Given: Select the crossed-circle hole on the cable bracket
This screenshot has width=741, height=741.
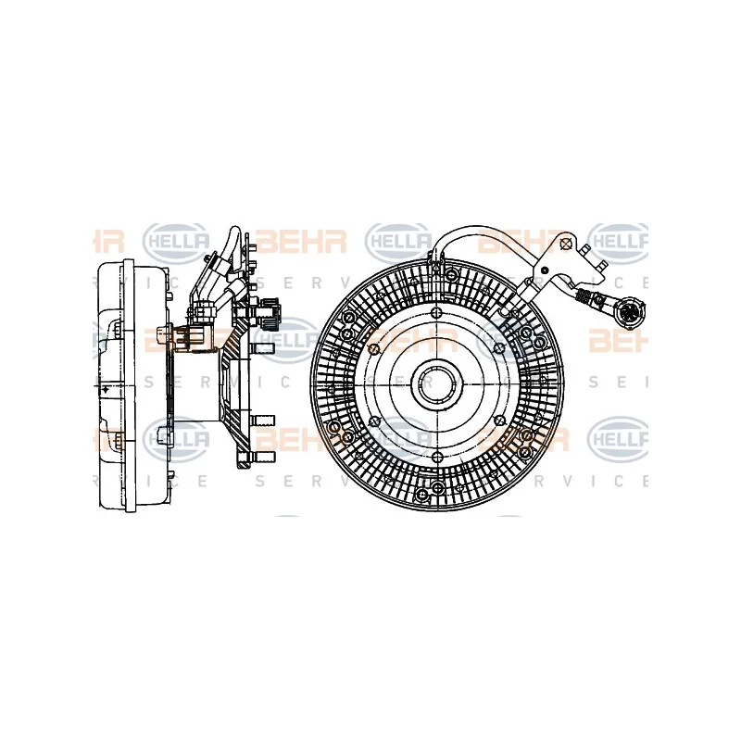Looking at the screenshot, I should point(566,245).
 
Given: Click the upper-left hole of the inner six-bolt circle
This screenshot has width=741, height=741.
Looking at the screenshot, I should point(374,348).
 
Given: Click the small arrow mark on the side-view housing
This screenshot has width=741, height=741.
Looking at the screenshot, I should point(109,383).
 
